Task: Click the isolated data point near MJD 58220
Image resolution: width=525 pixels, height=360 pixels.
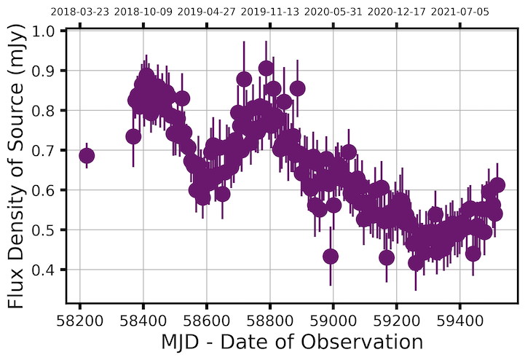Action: pyautogui.click(x=87, y=155)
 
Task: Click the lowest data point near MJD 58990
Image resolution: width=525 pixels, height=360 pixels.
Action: pyautogui.click(x=331, y=257)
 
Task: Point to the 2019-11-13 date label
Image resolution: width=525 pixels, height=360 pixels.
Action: pyautogui.click(x=269, y=12)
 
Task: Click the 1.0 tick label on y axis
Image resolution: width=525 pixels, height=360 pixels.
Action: pyautogui.click(x=51, y=31)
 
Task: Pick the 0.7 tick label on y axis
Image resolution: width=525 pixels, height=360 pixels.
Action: pyautogui.click(x=51, y=151)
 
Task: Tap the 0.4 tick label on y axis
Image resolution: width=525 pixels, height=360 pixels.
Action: pyautogui.click(x=51, y=270)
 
